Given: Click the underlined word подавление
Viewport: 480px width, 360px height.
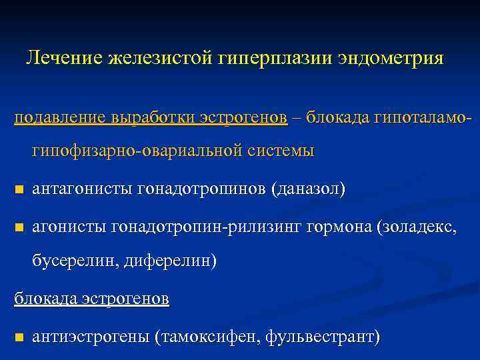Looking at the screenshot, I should [x=57, y=117].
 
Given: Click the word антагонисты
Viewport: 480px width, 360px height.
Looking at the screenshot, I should [x=83, y=189].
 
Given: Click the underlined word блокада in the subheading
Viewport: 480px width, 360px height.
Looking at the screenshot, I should [x=45, y=299].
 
